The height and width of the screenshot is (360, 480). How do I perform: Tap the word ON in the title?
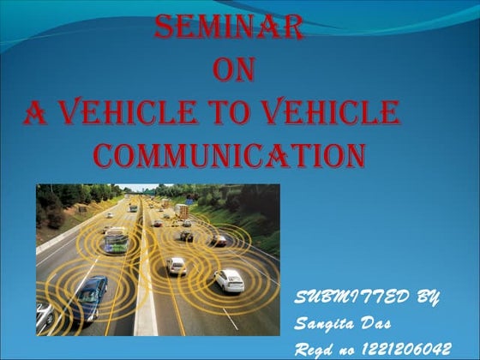coord(231,71)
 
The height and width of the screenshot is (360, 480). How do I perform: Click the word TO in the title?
coord(248,112)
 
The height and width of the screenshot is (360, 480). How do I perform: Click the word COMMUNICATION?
coord(230,155)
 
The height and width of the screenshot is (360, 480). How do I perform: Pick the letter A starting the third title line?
coord(35,113)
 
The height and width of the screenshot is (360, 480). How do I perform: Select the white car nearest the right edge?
coord(229,279)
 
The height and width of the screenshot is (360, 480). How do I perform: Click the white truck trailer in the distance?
coord(182,209)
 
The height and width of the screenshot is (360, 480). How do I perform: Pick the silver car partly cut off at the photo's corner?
coord(44,316)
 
